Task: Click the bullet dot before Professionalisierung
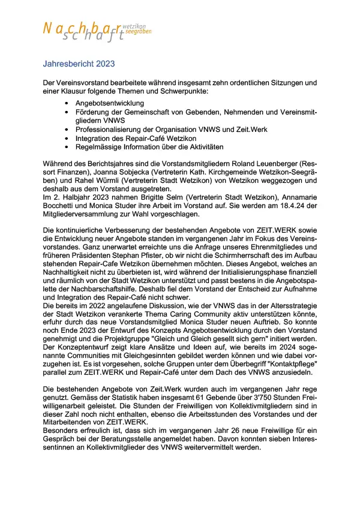click(x=66, y=129)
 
